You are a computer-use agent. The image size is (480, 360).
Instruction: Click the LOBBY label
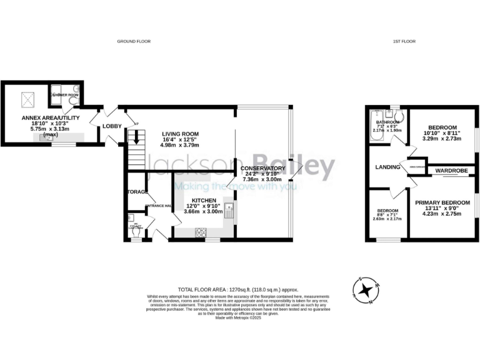pos(112,126)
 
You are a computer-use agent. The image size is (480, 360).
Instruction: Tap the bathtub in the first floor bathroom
pos(373,127)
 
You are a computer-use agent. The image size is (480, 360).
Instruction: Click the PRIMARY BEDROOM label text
pos(442,202)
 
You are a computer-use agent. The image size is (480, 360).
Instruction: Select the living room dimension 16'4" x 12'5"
pos(180,139)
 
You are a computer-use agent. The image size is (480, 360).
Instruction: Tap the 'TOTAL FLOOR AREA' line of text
pos(239,290)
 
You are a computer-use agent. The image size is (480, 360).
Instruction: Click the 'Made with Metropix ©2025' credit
pos(239,317)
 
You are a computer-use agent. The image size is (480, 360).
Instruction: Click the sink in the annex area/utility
pos(45,138)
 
